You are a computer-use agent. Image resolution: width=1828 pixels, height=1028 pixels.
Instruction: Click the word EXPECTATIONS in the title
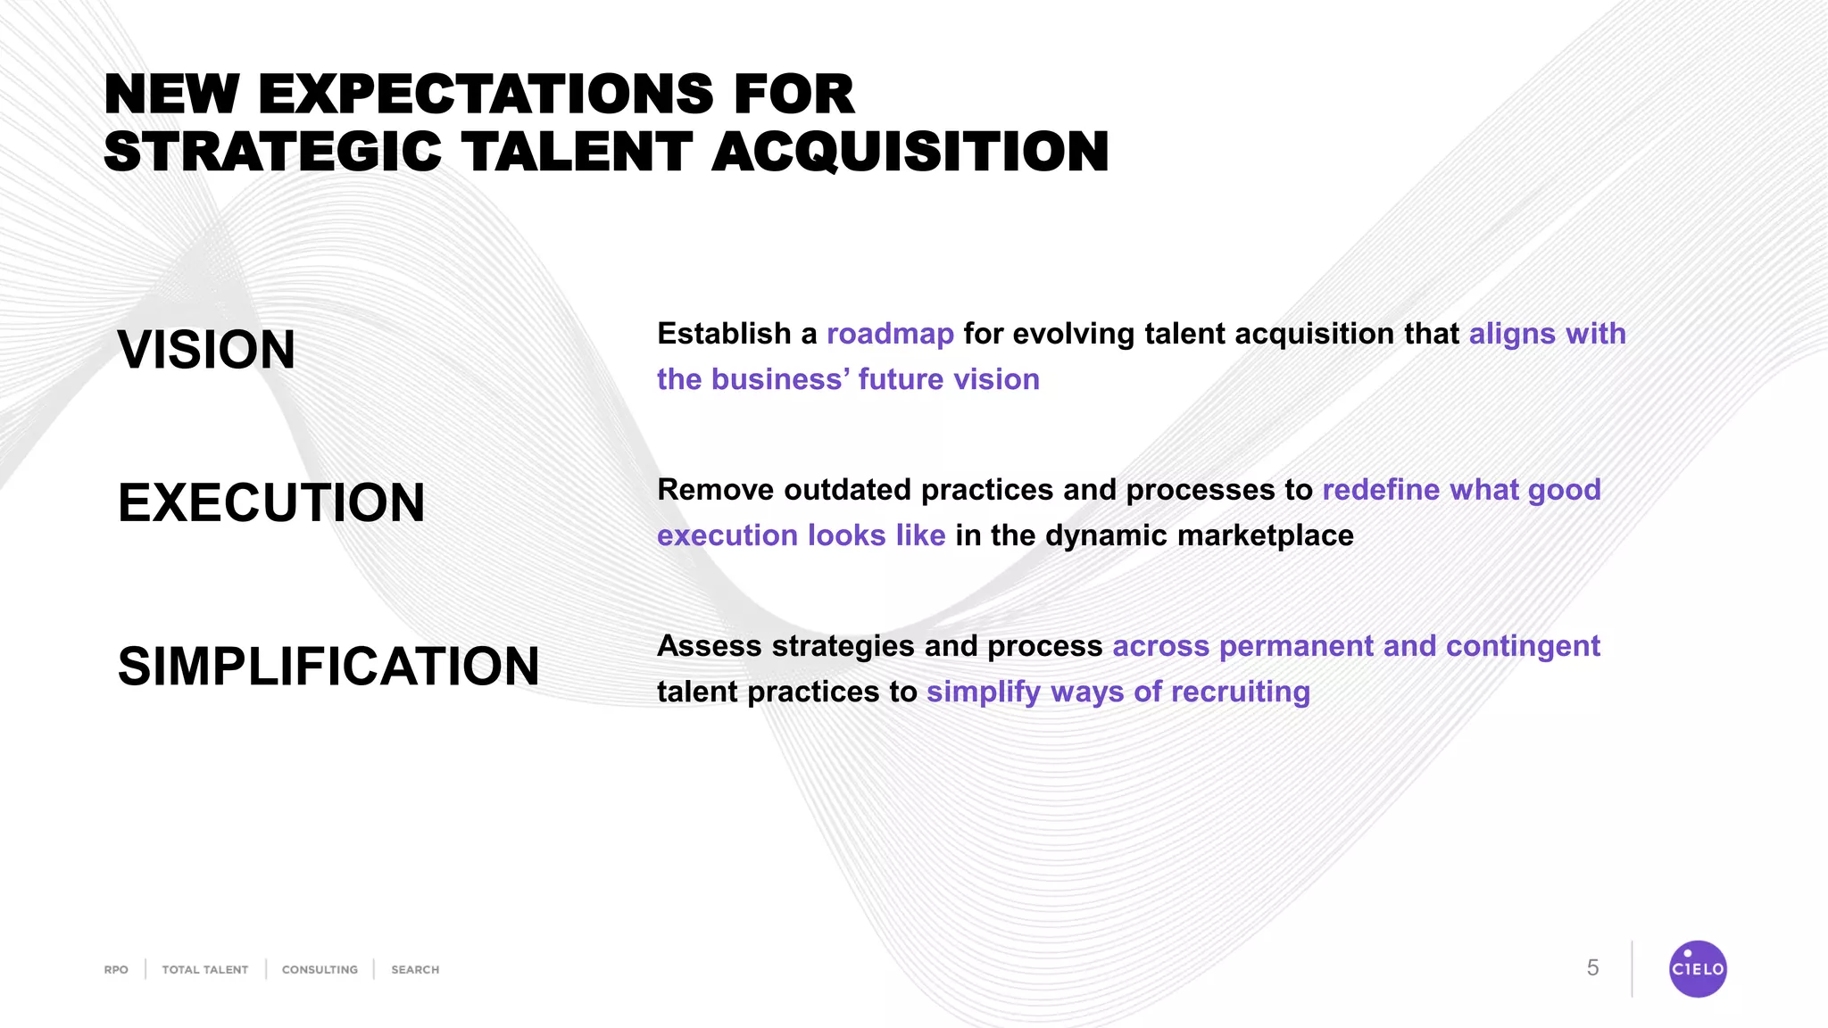tap(486, 95)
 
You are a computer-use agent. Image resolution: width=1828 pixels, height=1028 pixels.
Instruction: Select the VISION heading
tap(206, 350)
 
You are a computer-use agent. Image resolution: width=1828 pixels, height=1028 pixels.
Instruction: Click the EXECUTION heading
tap(271, 502)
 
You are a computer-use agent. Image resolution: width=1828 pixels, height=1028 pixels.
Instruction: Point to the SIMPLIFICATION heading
tap(328, 667)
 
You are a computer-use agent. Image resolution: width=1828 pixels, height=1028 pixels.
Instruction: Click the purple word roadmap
tap(890, 334)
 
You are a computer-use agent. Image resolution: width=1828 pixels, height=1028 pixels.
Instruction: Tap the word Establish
tap(724, 334)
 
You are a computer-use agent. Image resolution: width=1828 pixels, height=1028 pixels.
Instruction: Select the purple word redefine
tap(1380, 490)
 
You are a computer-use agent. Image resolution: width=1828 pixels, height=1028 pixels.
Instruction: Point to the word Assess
tap(710, 646)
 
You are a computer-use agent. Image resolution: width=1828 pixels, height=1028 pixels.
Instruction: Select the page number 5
tap(1592, 968)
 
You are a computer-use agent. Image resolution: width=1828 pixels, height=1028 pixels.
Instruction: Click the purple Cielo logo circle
tap(1697, 969)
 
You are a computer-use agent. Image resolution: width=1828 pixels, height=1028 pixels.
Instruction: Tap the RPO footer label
tap(116, 970)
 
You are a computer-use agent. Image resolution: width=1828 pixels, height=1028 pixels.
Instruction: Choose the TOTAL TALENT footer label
tap(204, 970)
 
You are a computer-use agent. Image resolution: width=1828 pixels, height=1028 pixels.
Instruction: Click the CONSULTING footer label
tap(320, 970)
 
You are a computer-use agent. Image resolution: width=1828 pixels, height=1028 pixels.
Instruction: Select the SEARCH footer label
tap(415, 970)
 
